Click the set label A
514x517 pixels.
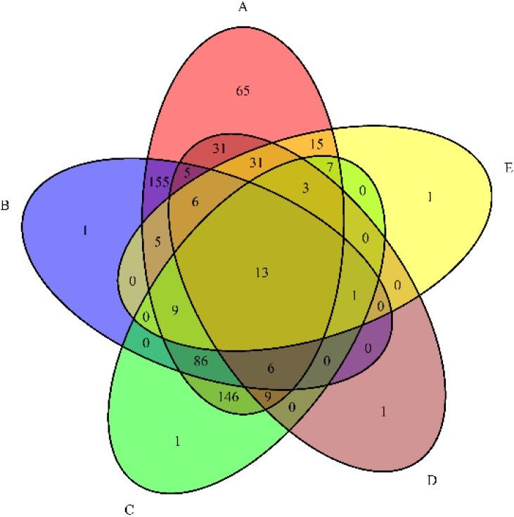tap(243, 8)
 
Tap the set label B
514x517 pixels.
tap(5, 207)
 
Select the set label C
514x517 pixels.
tap(128, 507)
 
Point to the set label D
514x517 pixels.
tap(432, 481)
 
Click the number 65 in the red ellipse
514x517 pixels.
tap(243, 91)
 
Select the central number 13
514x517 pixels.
tap(263, 272)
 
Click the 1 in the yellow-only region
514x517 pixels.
tap(430, 198)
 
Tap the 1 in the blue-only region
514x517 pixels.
tap(84, 230)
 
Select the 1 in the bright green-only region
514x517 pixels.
tap(177, 442)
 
